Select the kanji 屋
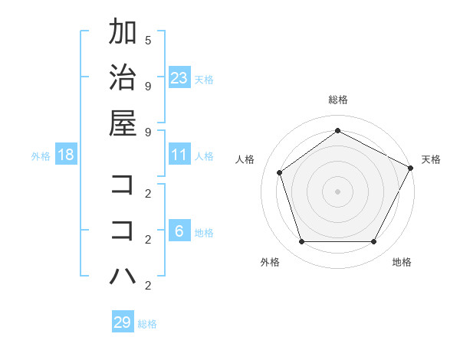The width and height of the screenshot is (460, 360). point(123,123)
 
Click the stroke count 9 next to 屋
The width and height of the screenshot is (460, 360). point(148,132)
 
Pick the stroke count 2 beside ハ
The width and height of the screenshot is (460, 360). point(148,286)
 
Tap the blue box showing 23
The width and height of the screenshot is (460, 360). point(179,78)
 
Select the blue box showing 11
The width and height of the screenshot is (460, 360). point(179,155)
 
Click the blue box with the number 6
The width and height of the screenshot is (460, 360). point(179,231)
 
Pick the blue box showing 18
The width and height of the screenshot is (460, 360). point(66,155)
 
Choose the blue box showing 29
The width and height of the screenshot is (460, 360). point(123,322)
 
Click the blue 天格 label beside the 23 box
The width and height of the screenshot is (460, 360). point(204,80)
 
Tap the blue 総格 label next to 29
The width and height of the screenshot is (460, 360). point(147,324)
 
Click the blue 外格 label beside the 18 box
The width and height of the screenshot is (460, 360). point(41,156)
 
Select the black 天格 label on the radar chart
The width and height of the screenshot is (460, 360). point(431,159)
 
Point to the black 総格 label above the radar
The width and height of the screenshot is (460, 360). point(337,100)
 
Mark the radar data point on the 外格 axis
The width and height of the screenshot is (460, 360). point(301,242)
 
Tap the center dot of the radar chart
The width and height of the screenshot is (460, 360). point(337,191)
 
